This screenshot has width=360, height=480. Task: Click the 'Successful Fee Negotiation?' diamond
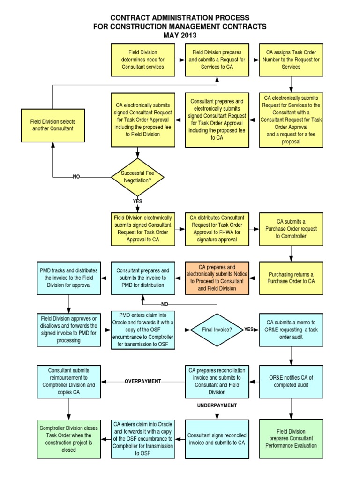138,177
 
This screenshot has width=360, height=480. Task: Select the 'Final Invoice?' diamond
217,329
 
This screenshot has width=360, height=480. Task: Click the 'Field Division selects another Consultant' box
52,125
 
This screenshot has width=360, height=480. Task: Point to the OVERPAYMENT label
142,382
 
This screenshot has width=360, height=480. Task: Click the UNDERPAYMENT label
217,405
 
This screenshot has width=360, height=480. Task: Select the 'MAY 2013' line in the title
180,35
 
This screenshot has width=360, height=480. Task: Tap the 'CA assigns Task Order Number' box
291,60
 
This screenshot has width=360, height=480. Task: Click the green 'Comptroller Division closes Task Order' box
69,439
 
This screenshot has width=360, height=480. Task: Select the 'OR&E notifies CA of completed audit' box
291,382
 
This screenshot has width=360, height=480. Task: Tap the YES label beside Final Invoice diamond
249,329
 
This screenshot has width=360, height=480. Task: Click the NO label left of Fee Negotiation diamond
76,177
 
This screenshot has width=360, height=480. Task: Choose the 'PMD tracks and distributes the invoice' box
69,278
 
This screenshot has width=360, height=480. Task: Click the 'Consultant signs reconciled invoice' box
217,439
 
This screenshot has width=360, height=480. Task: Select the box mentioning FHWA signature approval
217,229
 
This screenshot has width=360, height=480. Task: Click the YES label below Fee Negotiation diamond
138,201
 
